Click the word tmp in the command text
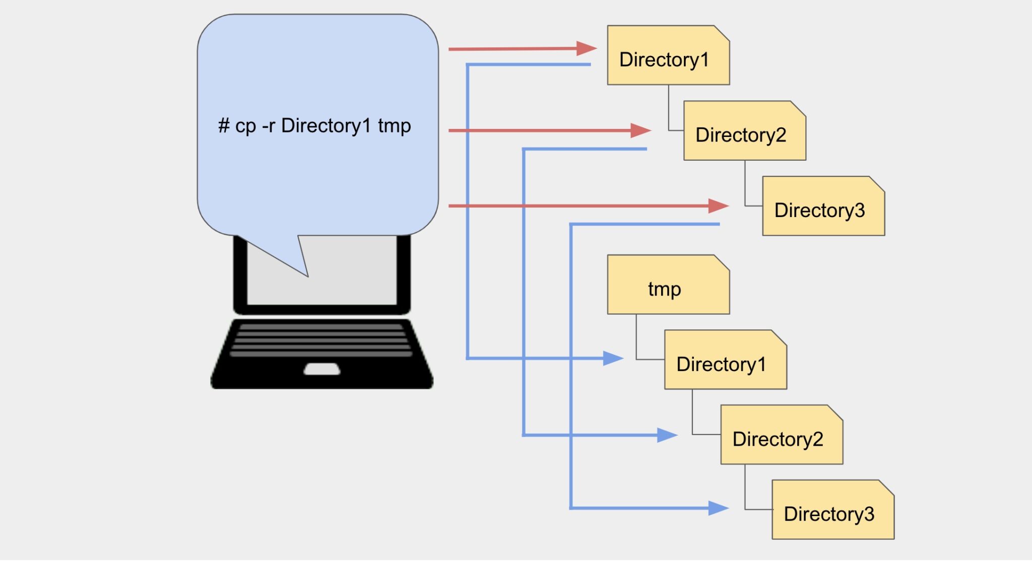tap(395, 126)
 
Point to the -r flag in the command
tap(268, 126)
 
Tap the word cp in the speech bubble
tap(245, 126)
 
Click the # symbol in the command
tap(224, 126)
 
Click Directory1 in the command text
tap(326, 126)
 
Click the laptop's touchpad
tap(321, 369)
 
